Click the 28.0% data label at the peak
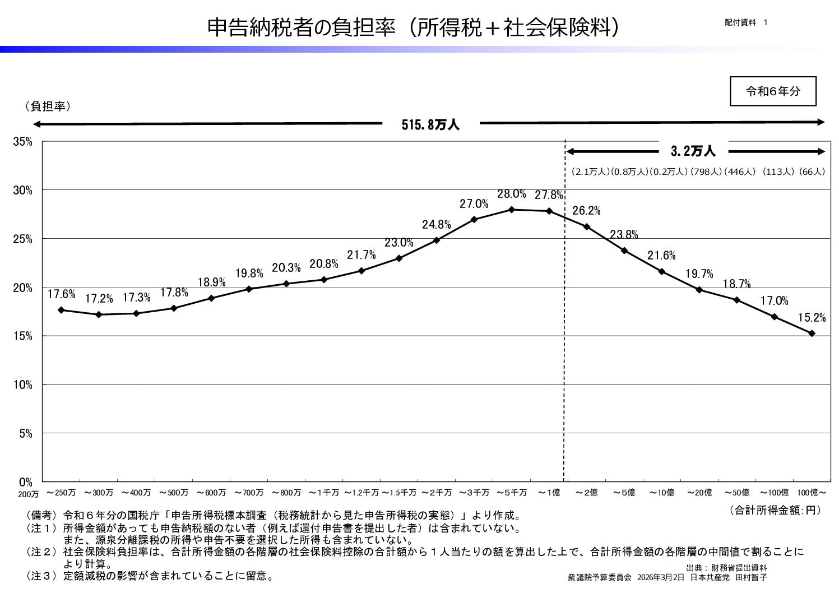[511, 194]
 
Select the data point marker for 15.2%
[812, 333]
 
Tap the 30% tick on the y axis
[23, 190]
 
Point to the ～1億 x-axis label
[549, 493]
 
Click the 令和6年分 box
[773, 91]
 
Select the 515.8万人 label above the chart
[430, 125]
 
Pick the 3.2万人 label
[693, 151]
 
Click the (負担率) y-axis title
[48, 106]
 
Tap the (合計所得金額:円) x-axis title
[775, 509]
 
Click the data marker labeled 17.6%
[61, 310]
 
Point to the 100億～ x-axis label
[812, 493]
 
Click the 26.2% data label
[586, 211]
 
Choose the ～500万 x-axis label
[173, 493]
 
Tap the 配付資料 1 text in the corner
[745, 22]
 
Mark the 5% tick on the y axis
[25, 433]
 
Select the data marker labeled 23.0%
[399, 258]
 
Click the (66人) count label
[812, 172]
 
